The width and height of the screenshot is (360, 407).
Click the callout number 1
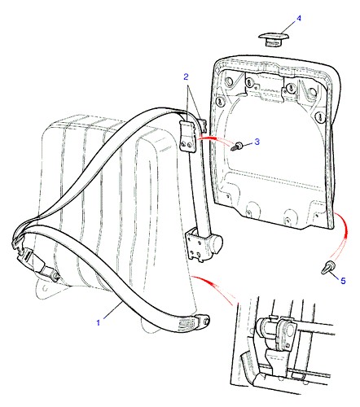[99, 322]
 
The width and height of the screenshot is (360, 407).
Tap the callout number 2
[186, 77]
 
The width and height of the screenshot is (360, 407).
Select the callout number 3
[257, 142]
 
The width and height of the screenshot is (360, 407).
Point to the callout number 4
[299, 19]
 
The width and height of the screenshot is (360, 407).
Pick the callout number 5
[343, 281]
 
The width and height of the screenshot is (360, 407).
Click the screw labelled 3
[236, 147]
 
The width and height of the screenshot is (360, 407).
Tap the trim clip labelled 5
[327, 267]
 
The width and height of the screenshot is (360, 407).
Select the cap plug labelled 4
[274, 39]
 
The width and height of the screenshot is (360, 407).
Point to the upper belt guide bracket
[188, 136]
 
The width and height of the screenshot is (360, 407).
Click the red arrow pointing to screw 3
[214, 139]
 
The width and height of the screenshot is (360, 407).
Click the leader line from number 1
[112, 311]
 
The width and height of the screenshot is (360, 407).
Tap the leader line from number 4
[287, 28]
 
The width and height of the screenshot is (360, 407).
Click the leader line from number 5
[335, 274]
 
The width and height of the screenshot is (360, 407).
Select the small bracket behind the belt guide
[203, 124]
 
